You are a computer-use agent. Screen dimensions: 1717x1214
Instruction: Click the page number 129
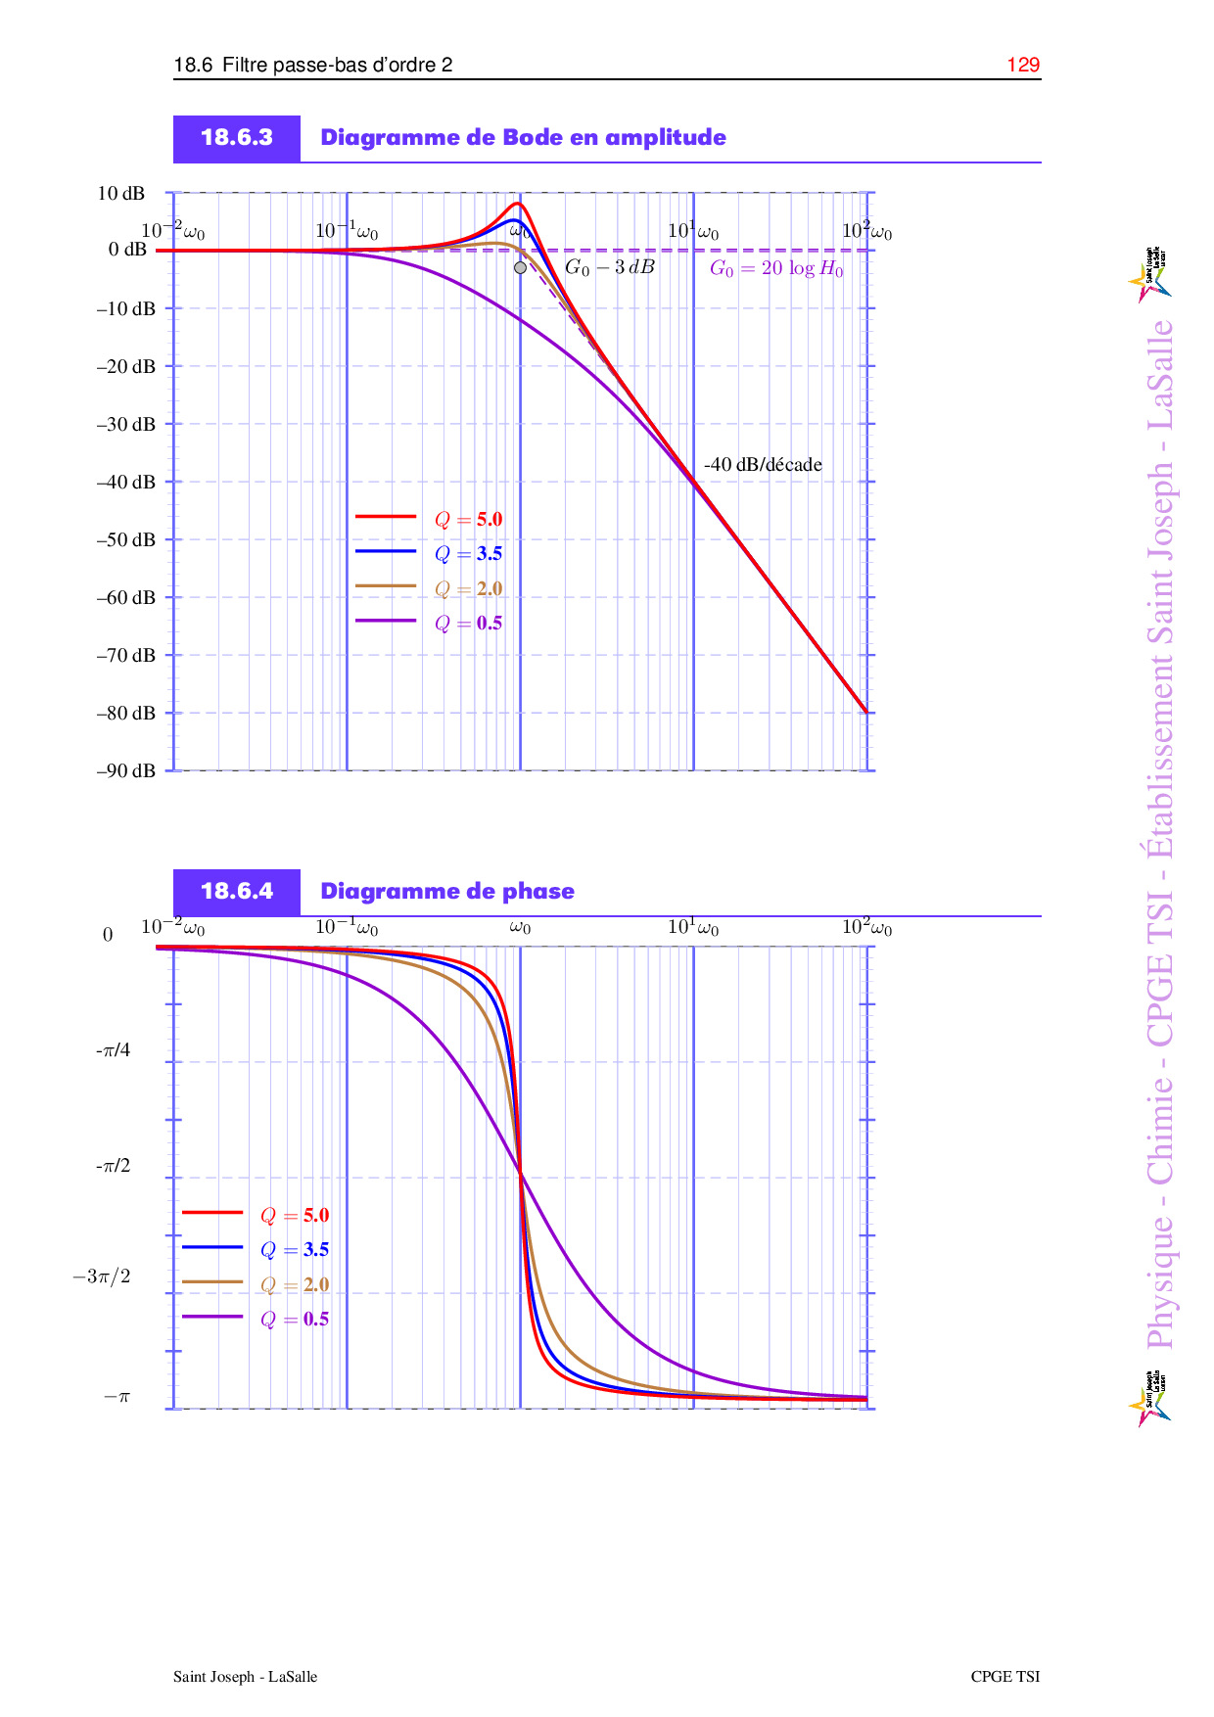coord(1023,65)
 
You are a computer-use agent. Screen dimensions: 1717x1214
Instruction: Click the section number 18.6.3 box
coord(237,138)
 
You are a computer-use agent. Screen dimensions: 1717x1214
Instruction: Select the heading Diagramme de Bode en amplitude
coord(523,138)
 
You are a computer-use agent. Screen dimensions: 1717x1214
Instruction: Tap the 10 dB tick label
coord(120,194)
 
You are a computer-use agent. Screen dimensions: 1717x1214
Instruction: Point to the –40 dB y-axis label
coord(125,482)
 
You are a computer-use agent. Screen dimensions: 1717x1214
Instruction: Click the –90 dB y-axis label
coord(125,771)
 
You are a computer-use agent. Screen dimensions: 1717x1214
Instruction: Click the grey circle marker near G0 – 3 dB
coord(520,267)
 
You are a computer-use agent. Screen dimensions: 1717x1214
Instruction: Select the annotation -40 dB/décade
coord(763,465)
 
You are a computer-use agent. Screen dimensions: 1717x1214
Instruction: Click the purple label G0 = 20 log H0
coord(776,268)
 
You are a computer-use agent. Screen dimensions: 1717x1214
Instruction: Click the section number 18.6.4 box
coord(237,892)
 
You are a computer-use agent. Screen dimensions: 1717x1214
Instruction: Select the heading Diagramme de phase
coord(447,892)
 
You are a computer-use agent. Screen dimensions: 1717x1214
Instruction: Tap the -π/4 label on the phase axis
coord(113,1051)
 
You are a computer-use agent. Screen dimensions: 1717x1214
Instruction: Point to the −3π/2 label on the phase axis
coord(101,1276)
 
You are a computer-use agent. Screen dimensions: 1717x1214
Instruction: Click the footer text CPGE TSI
coord(1004,1677)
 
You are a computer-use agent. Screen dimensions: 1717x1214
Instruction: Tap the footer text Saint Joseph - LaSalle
coord(245,1677)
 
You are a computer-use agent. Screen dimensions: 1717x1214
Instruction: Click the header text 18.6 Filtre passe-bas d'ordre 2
coord(313,66)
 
